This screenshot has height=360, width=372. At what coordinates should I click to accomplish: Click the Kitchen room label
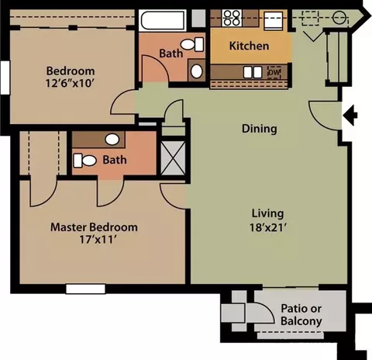pyautogui.click(x=249, y=46)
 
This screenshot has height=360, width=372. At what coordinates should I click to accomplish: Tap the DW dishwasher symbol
pyautogui.click(x=274, y=72)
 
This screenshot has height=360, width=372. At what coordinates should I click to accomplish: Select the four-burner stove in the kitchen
pyautogui.click(x=232, y=18)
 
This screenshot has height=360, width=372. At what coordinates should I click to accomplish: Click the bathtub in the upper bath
pyautogui.click(x=163, y=20)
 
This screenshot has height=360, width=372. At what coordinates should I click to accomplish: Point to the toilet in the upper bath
pyautogui.click(x=192, y=44)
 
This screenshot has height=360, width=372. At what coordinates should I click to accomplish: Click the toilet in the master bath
pyautogui.click(x=84, y=161)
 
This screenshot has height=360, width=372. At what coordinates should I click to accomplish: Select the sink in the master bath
pyautogui.click(x=112, y=140)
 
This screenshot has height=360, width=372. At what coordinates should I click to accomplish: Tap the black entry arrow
pyautogui.click(x=350, y=115)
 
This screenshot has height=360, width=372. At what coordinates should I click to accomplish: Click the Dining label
pyautogui.click(x=260, y=129)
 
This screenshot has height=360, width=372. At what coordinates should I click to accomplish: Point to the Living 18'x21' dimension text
pyautogui.click(x=268, y=227)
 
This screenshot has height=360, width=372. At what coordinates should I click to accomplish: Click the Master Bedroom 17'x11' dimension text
pyautogui.click(x=97, y=240)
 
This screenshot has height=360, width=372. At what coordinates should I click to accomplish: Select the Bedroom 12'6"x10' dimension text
pyautogui.click(x=69, y=83)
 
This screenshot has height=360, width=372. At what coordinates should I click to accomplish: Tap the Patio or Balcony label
pyautogui.click(x=301, y=315)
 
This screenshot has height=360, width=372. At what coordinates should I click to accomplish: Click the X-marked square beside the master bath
pyautogui.click(x=173, y=157)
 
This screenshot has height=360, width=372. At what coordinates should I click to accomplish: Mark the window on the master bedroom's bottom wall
pyautogui.click(x=85, y=289)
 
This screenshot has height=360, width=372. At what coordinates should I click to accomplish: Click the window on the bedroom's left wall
pyautogui.click(x=5, y=78)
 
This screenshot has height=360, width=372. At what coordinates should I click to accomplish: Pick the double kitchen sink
pyautogui.click(x=253, y=72)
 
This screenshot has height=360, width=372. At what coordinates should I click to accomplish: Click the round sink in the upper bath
pyautogui.click(x=197, y=71)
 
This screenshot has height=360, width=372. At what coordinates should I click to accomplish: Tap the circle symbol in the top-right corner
pyautogui.click(x=339, y=18)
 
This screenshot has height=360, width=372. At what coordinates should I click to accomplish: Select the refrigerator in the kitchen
pyautogui.click(x=274, y=20)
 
